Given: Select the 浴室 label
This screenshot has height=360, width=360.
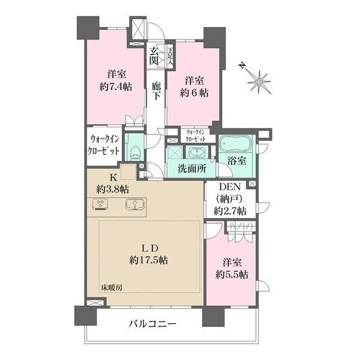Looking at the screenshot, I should (237, 161).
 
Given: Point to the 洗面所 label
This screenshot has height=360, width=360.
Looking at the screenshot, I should (191, 169).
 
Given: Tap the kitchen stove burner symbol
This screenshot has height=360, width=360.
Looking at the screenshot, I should (100, 205).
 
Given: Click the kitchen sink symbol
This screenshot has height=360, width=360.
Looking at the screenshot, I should (135, 205).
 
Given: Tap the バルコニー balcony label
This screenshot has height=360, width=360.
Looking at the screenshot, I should (152, 324).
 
